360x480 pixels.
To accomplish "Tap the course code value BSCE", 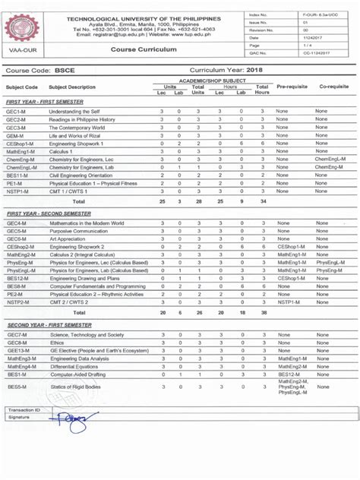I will tap(78, 69).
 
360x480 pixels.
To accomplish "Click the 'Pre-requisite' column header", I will tap(292, 87).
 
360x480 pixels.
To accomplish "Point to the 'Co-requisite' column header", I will tap(331, 87).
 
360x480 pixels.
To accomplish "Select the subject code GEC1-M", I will tap(16, 112).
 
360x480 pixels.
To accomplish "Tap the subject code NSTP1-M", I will tap(18, 191).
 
